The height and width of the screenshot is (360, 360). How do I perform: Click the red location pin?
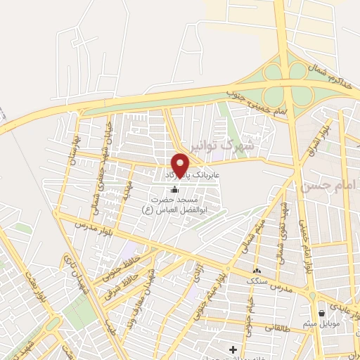(x=181, y=165)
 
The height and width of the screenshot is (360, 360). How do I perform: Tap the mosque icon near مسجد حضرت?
(x=174, y=190)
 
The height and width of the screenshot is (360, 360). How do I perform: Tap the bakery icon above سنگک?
(x=257, y=271)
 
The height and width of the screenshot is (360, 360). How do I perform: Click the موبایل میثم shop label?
(x=323, y=324)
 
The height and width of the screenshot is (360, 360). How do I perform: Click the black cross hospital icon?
(x=233, y=349)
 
